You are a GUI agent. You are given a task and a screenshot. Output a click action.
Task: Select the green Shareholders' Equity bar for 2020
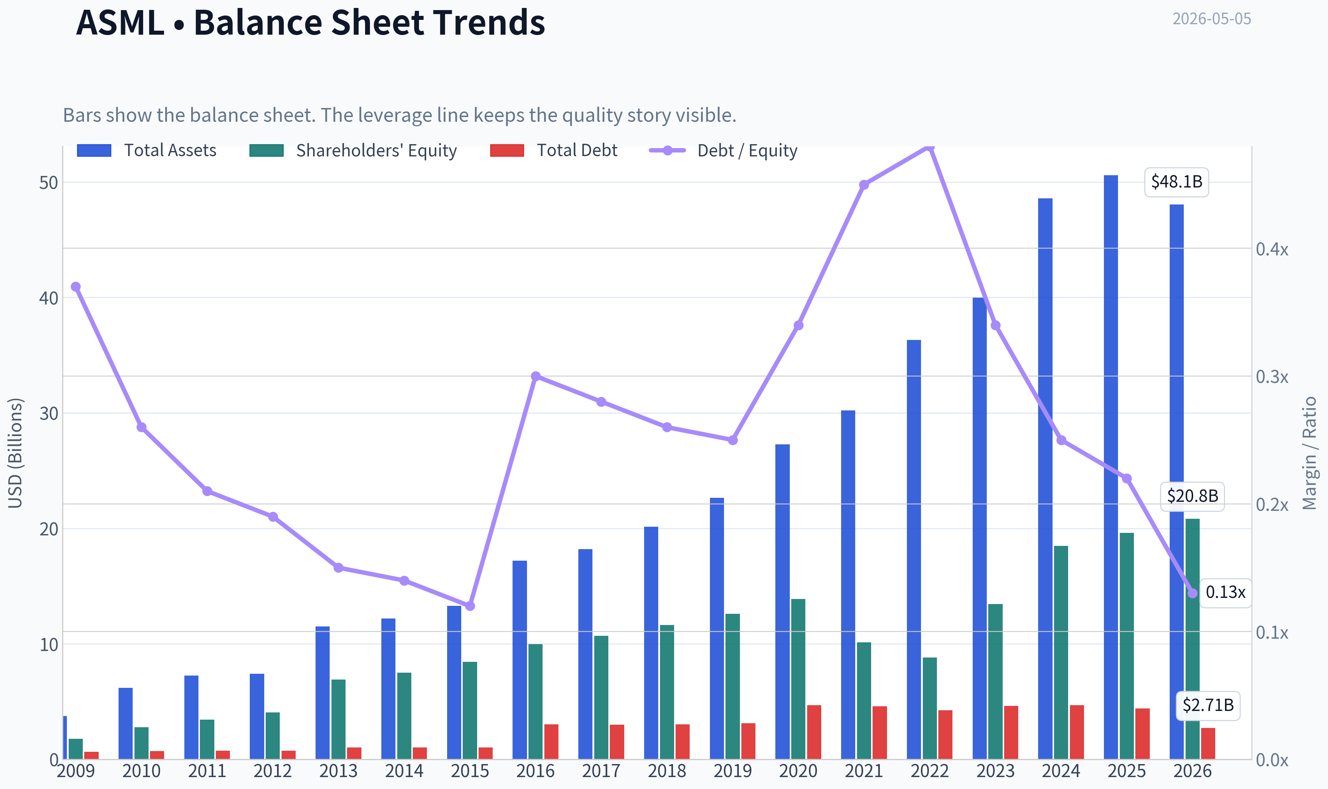tap(798, 679)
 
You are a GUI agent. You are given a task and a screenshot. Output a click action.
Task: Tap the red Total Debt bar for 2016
tap(551, 741)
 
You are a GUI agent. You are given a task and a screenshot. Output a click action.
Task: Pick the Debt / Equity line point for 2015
tap(470, 605)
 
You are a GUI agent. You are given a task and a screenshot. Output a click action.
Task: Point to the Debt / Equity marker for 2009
tap(76, 286)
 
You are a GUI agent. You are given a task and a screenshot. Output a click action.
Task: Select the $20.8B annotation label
tap(1192, 496)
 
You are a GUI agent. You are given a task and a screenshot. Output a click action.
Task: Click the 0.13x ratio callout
tap(1225, 592)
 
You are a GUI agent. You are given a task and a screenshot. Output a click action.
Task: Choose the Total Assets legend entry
tap(147, 150)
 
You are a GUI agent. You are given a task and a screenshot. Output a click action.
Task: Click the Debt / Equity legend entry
tap(723, 150)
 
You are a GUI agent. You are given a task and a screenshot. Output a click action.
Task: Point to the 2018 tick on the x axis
tap(667, 771)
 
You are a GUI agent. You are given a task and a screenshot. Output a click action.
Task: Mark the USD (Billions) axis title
tap(16, 453)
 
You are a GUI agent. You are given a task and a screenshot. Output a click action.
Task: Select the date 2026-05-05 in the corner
tap(1212, 19)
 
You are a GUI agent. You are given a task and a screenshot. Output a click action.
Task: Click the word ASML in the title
tap(120, 22)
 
